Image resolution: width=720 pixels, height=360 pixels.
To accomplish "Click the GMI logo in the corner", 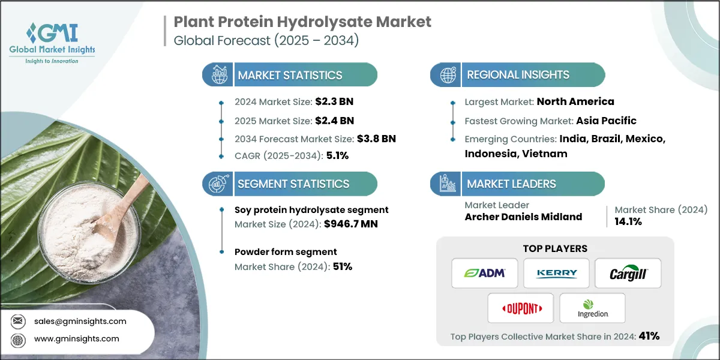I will (53, 42).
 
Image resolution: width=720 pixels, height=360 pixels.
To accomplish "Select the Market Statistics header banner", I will (290, 75).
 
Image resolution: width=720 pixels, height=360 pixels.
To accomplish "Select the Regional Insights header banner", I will (517, 75).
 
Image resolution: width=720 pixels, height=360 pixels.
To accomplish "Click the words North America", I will (575, 101).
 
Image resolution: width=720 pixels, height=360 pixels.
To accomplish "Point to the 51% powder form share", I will (341, 266).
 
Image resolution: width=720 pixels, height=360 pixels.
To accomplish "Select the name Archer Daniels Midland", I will (523, 217).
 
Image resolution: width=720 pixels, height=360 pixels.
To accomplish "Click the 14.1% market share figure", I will (628, 221).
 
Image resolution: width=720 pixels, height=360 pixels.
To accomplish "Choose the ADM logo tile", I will (484, 273).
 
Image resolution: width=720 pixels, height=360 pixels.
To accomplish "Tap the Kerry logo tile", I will (556, 273).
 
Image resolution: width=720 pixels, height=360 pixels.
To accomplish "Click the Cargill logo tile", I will (628, 273).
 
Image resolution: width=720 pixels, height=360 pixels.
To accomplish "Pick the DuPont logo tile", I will (520, 308).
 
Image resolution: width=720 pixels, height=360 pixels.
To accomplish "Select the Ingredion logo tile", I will (592, 308).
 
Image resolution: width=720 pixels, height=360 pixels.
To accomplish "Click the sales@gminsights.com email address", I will (80, 321).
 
